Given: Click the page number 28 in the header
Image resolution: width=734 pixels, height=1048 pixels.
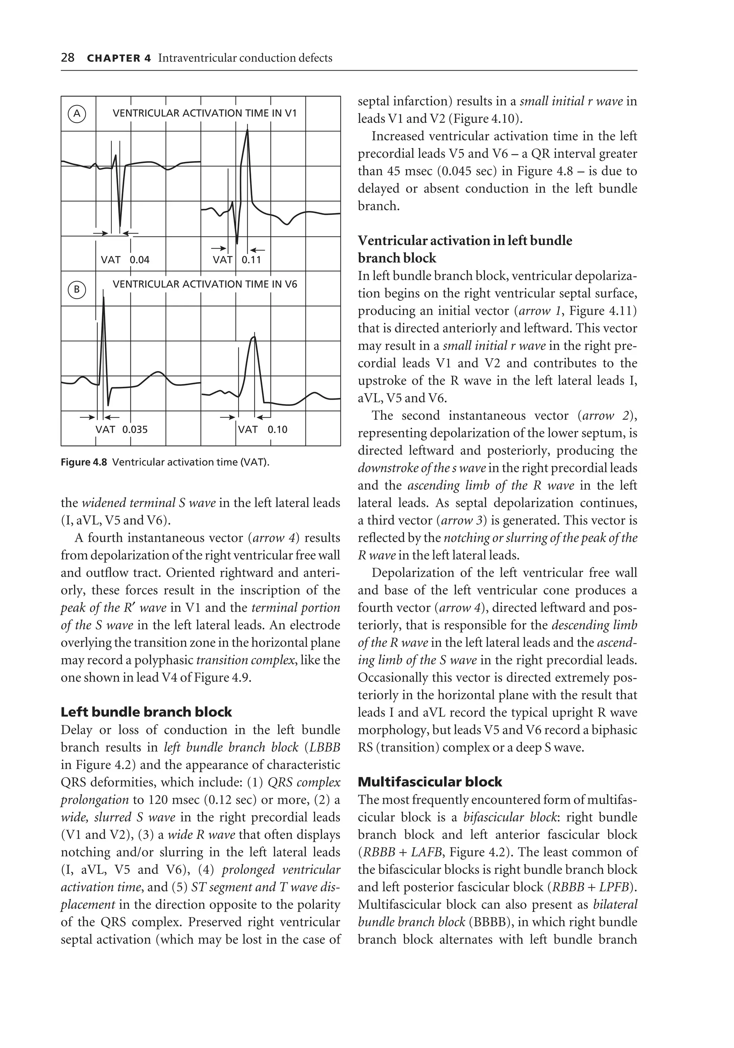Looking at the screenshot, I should point(68,58).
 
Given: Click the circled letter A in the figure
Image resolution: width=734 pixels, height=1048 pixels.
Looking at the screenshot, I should point(77,114).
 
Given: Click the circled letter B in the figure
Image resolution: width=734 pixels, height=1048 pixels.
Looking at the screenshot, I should point(77,289).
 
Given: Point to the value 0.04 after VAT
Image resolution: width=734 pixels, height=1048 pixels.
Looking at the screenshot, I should point(139,260).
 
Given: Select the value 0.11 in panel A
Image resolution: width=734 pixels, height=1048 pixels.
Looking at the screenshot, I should point(251,260).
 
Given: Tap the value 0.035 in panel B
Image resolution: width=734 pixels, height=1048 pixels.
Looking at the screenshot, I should point(135,429).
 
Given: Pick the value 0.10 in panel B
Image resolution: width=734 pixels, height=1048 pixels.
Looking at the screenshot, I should point(277,429).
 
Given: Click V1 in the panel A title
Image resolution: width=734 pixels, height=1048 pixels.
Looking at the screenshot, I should point(291,113).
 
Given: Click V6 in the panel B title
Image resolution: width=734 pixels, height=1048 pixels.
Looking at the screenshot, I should point(291,284).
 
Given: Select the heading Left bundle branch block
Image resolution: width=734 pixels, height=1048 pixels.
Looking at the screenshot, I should point(146,712).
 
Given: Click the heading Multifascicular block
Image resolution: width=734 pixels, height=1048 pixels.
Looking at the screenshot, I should point(429,782).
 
